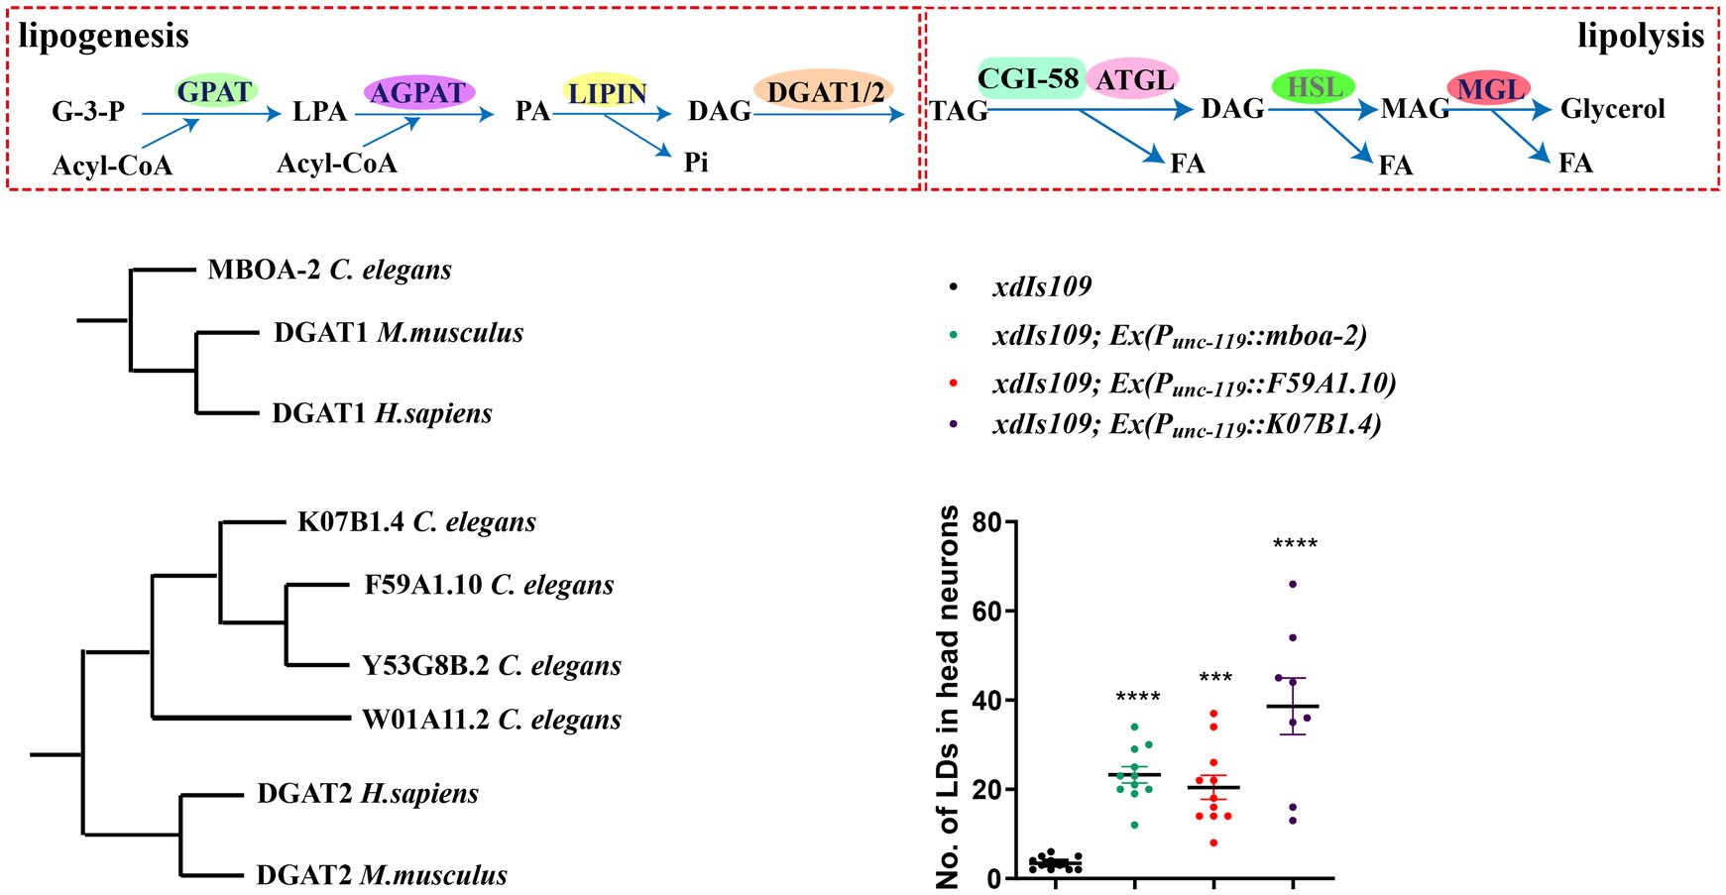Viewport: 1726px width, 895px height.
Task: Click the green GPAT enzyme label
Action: pyautogui.click(x=215, y=91)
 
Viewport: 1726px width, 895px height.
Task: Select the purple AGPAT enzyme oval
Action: pyautogui.click(x=418, y=92)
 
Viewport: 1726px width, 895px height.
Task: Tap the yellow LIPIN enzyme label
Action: pyautogui.click(x=606, y=92)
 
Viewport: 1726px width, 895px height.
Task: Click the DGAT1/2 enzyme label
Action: pyautogui.click(x=825, y=92)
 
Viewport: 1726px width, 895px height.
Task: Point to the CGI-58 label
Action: pyautogui.click(x=1028, y=78)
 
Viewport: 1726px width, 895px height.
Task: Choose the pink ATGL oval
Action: pyautogui.click(x=1133, y=79)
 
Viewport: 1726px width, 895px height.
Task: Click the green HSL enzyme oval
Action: pyautogui.click(x=1314, y=87)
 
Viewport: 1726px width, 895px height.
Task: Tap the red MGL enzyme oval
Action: pyautogui.click(x=1488, y=89)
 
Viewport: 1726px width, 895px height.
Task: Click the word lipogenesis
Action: pyautogui.click(x=103, y=37)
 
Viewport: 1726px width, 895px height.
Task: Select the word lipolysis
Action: pyautogui.click(x=1640, y=37)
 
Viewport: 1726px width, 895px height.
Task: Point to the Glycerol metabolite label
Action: pyautogui.click(x=1612, y=109)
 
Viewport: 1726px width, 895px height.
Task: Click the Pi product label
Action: pyautogui.click(x=696, y=162)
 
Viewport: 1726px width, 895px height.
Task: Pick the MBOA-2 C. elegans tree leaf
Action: pyautogui.click(x=329, y=270)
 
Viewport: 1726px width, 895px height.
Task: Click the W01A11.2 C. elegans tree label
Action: pyautogui.click(x=491, y=720)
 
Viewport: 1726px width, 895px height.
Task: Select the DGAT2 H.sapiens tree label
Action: pyautogui.click(x=367, y=793)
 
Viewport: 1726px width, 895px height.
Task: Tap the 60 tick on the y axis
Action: pyautogui.click(x=985, y=611)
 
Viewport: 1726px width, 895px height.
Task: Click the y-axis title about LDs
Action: pyautogui.click(x=949, y=698)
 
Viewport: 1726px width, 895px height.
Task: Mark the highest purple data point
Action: pyautogui.click(x=1293, y=584)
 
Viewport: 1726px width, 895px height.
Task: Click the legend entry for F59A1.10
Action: pyautogui.click(x=1194, y=384)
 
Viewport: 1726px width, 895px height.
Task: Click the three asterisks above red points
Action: pyautogui.click(x=1215, y=678)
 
